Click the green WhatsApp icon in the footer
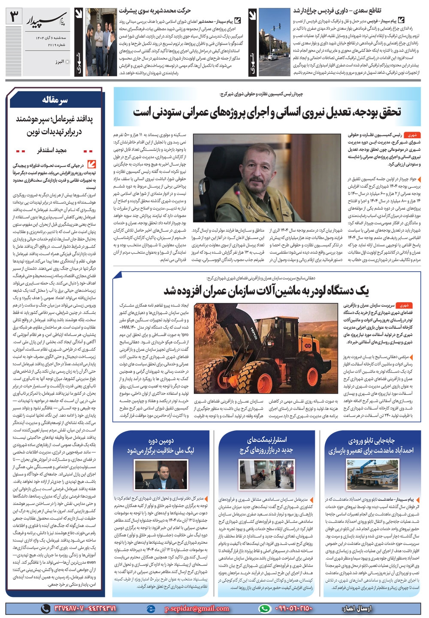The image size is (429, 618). tap(265, 608)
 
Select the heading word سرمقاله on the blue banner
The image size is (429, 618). tap(55, 101)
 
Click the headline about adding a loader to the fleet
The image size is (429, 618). tap(266, 291)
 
